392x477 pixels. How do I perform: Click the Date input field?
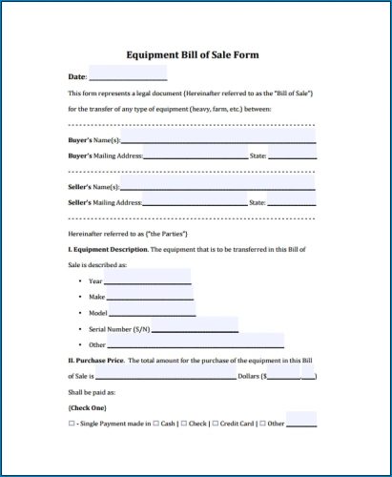click(x=128, y=74)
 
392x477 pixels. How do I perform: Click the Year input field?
click(x=147, y=280)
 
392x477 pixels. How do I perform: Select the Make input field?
click(x=150, y=297)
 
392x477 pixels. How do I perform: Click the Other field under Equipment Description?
click(x=196, y=343)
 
